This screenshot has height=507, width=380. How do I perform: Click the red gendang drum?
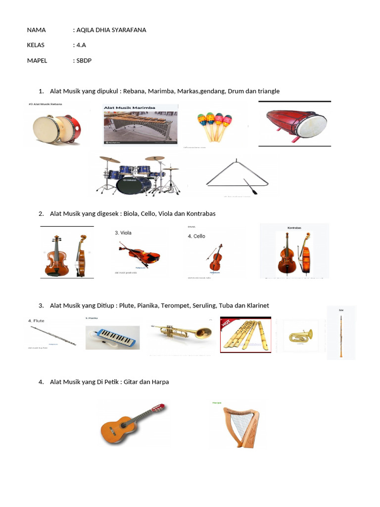pos(295,124)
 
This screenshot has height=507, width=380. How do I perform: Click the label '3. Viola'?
pos(123,232)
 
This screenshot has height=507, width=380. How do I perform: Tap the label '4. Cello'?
pos(196,236)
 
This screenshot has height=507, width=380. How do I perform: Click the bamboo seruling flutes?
pos(245,335)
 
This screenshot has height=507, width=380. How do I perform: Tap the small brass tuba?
pos(301,336)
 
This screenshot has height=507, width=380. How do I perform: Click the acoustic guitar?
pos(132,423)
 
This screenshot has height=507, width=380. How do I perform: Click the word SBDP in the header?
pos(84,60)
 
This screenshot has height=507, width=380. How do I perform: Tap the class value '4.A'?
pos(81,45)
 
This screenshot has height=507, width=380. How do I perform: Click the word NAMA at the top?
pos(36,30)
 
